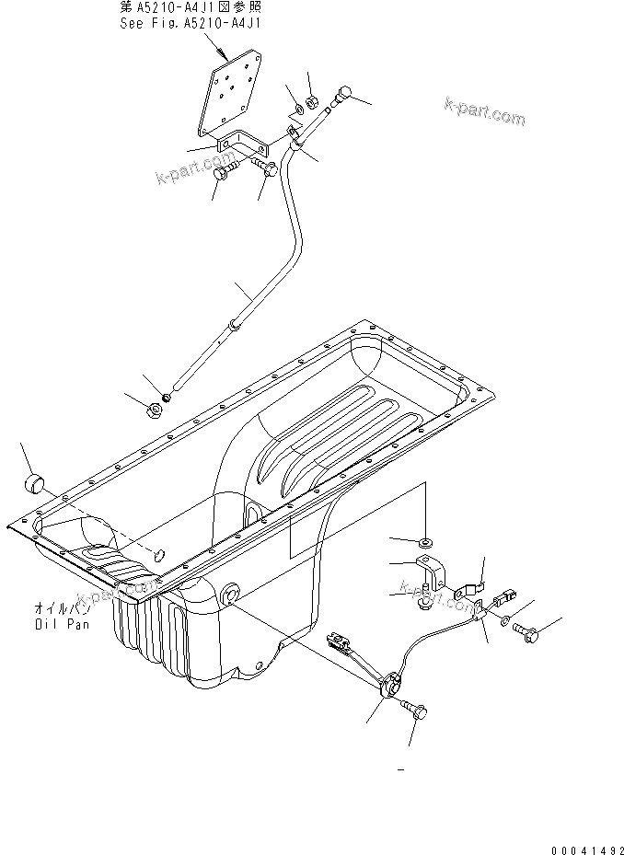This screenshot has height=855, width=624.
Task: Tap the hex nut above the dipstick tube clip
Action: click(312, 102)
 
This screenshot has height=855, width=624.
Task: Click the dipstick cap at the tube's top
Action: click(344, 92)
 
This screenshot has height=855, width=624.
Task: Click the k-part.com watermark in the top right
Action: click(482, 113)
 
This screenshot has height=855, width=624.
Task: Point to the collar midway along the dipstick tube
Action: click(235, 324)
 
